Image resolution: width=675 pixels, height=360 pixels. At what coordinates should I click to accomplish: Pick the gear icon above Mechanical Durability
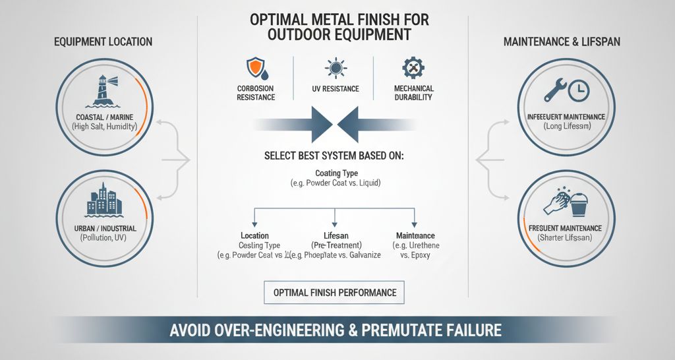point(413,68)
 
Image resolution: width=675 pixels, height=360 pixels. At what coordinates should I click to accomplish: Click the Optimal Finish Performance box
point(335,293)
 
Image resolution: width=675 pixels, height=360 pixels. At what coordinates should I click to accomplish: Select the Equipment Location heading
point(103,42)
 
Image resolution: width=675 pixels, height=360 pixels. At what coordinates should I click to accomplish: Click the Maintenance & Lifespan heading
point(562,42)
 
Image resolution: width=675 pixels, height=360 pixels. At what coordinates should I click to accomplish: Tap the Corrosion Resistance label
point(256,93)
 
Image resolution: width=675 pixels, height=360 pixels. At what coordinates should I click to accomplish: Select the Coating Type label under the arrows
point(337,173)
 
